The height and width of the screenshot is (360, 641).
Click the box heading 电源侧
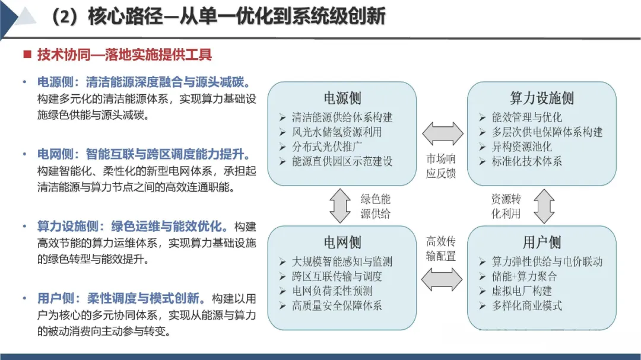(x=342, y=98)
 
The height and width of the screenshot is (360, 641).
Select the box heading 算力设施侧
(x=541, y=98)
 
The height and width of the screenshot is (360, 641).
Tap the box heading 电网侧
(x=342, y=242)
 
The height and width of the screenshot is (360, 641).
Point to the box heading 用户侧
(x=541, y=242)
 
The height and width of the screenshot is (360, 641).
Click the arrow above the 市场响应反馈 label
(x=442, y=134)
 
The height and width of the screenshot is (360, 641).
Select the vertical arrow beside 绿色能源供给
(x=340, y=206)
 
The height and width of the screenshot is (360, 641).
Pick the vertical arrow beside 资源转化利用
(x=543, y=206)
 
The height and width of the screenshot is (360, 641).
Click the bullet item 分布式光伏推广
(x=327, y=146)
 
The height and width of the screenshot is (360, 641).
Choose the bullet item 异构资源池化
(x=521, y=146)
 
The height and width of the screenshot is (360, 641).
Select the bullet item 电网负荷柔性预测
(x=332, y=291)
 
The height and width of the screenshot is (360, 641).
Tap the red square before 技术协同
(x=27, y=55)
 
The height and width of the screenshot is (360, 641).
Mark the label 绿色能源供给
(x=376, y=206)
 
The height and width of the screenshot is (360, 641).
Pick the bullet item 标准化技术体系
(x=526, y=161)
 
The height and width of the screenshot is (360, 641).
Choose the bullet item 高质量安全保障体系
(x=337, y=306)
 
